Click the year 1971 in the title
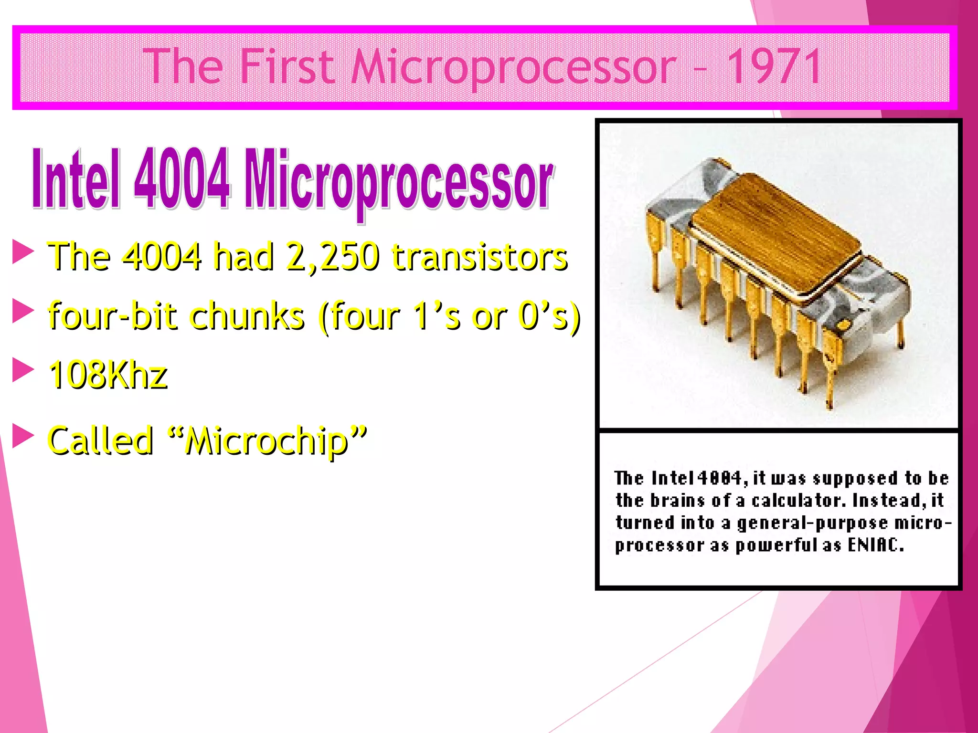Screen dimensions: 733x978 774,67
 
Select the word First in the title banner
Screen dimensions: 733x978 287,67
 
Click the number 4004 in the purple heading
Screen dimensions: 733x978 182,179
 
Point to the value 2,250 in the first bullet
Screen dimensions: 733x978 333,256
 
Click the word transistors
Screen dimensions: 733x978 479,256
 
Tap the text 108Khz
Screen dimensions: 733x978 108,375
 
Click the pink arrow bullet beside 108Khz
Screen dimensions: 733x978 22,370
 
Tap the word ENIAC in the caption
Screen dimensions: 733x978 875,545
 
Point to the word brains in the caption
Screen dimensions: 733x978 677,500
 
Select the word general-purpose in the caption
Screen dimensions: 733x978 812,523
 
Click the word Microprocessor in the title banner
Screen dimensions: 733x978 513,67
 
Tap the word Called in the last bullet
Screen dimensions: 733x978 101,440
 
